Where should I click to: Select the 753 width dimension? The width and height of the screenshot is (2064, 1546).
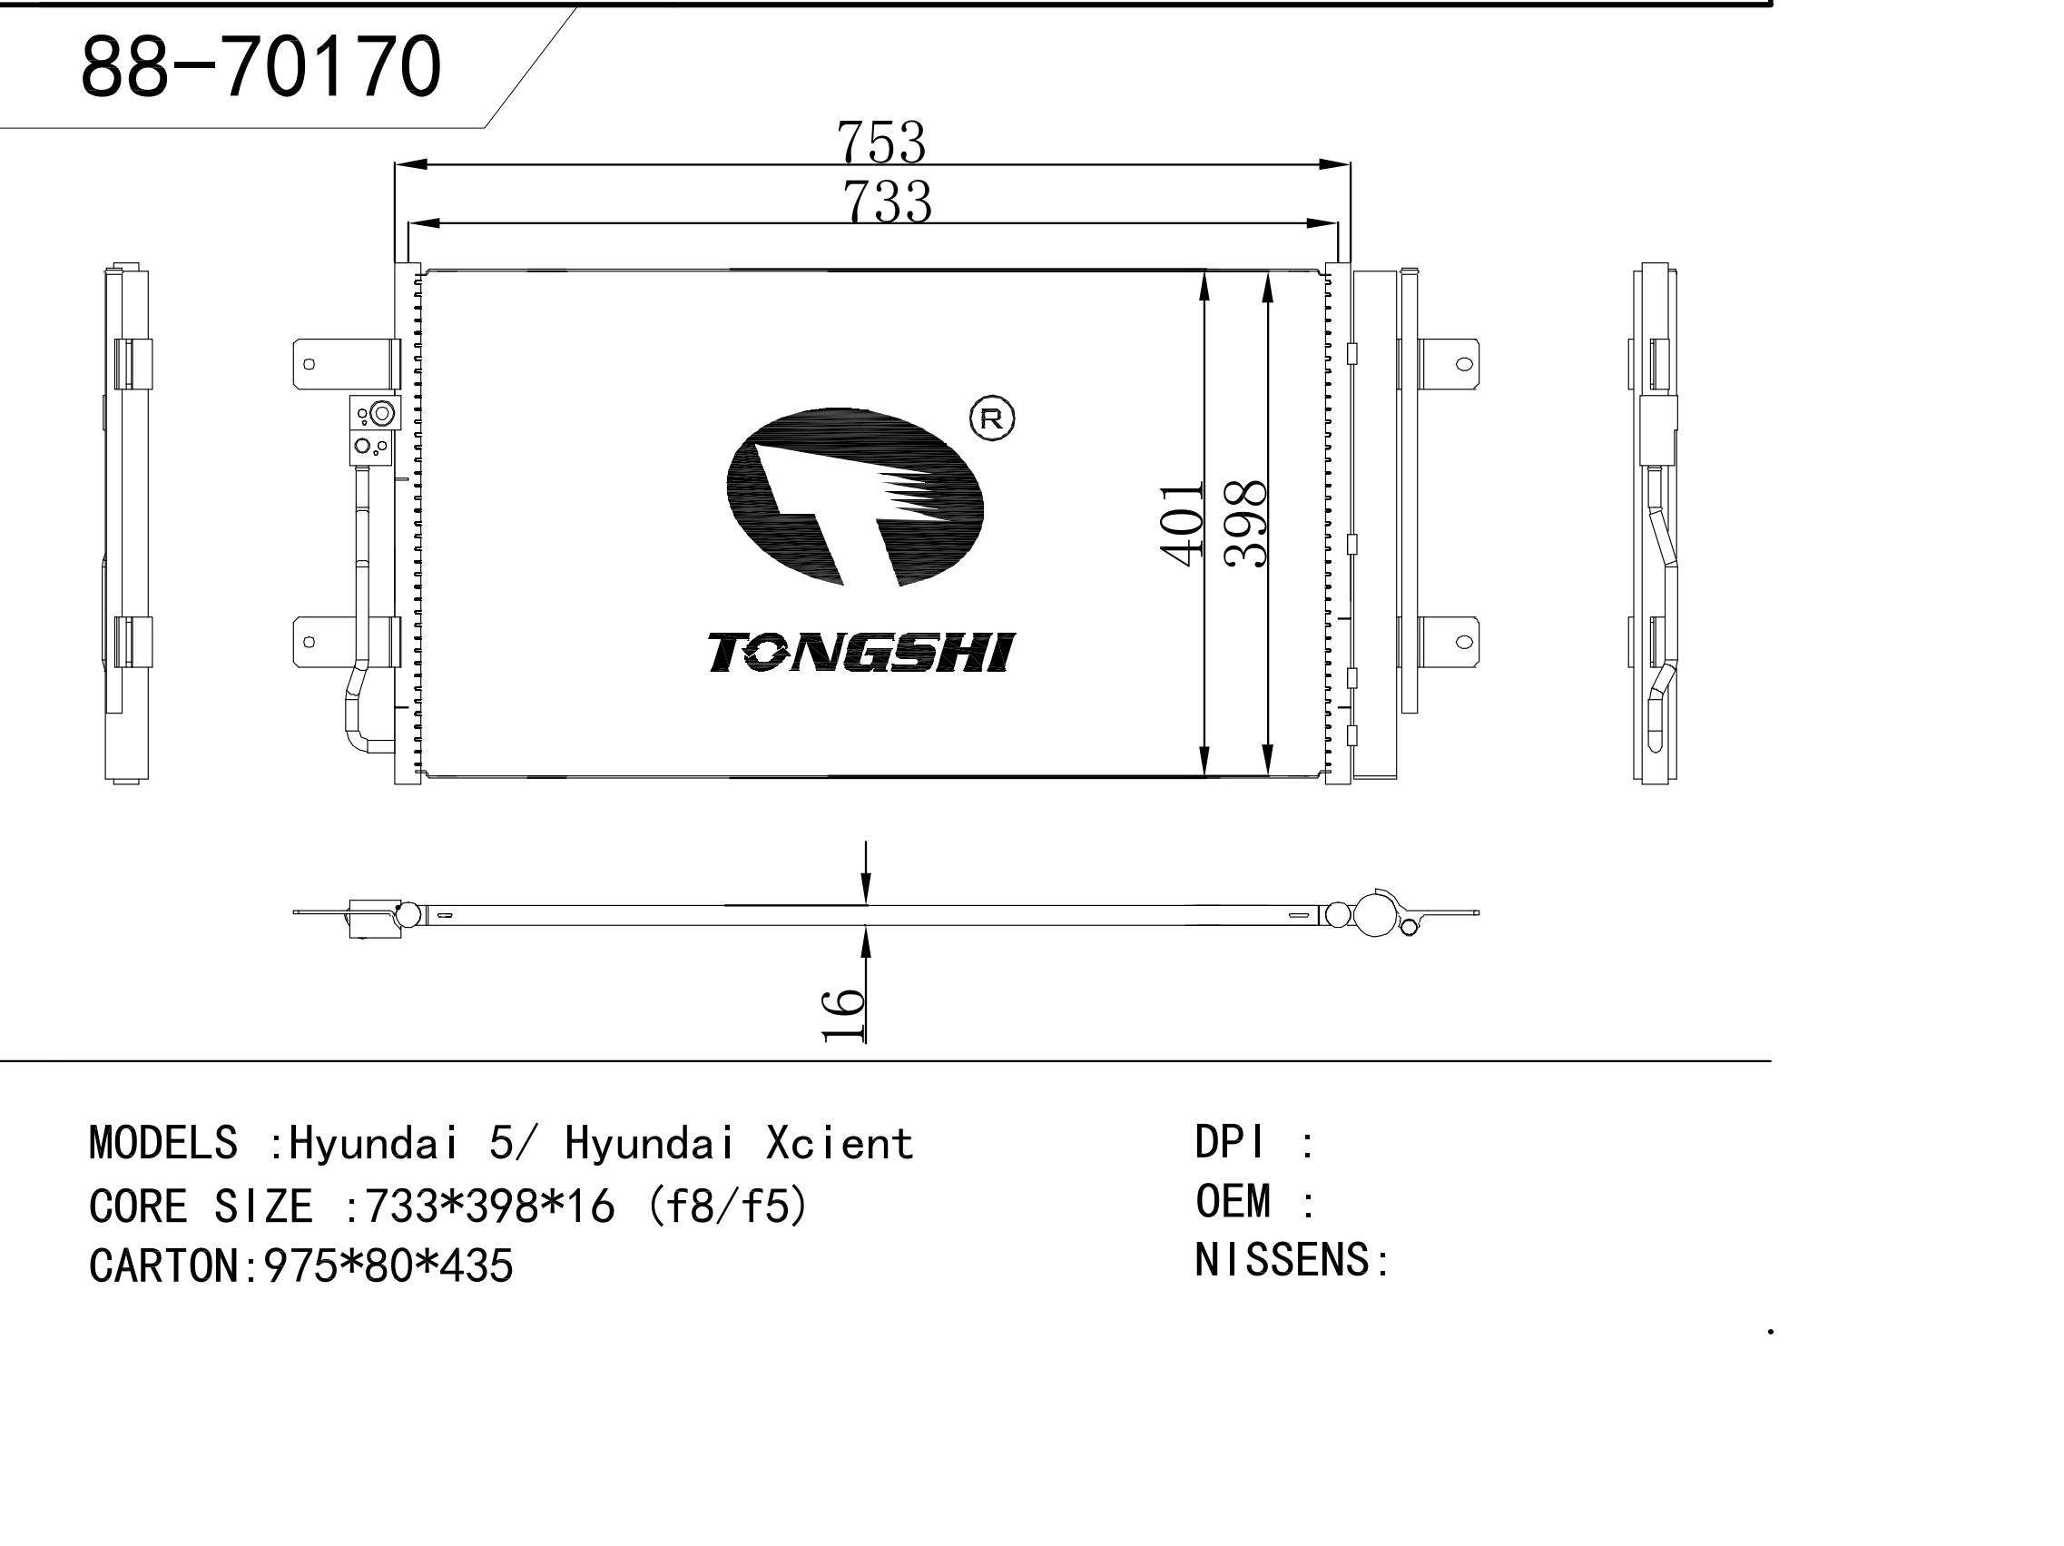(880, 142)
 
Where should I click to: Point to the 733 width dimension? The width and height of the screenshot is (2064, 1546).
(887, 201)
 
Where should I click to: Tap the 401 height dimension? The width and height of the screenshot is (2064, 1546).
(1181, 524)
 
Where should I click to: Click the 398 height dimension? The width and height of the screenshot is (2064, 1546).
(1244, 524)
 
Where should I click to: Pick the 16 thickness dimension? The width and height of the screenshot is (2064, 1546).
(843, 1014)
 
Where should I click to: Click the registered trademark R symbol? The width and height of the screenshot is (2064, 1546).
(992, 419)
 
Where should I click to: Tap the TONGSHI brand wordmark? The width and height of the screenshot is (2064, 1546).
(860, 652)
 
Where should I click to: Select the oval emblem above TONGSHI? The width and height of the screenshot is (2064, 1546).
(855, 497)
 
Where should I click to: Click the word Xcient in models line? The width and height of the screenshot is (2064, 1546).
(839, 1144)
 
